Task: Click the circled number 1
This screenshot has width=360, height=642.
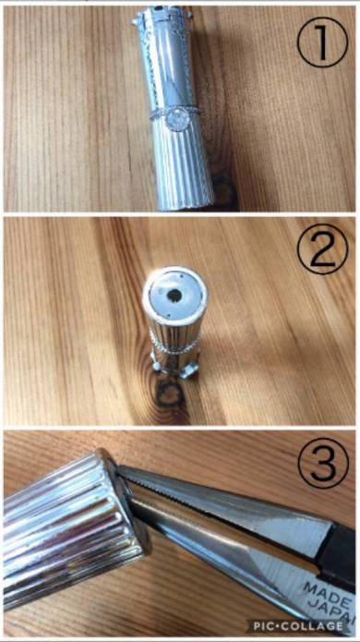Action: [322, 42]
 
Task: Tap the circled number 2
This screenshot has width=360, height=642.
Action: [322, 248]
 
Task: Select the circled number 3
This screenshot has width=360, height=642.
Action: [323, 464]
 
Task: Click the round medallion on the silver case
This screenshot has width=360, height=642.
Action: [178, 119]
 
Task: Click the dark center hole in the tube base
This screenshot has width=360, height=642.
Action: [174, 294]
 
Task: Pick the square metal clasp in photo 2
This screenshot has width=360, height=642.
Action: [189, 371]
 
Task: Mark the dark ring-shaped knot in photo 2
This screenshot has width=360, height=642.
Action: [172, 395]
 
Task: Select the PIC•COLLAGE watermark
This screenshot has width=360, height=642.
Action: [297, 625]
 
